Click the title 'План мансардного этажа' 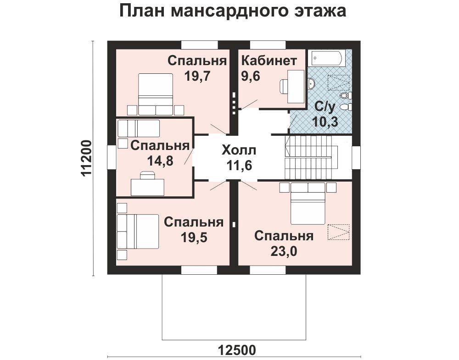click(233, 11)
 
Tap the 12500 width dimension click(237, 350)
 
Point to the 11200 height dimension click(87, 158)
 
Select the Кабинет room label click(269, 61)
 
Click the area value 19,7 click(197, 76)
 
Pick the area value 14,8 click(160, 161)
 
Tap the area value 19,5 click(194, 238)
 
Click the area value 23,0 click(284, 251)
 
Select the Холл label click(239, 150)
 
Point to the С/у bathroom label click(325, 107)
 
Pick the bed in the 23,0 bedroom click(308, 204)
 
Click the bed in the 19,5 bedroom click(138, 232)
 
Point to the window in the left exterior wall click(112, 157)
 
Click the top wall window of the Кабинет click(268, 45)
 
